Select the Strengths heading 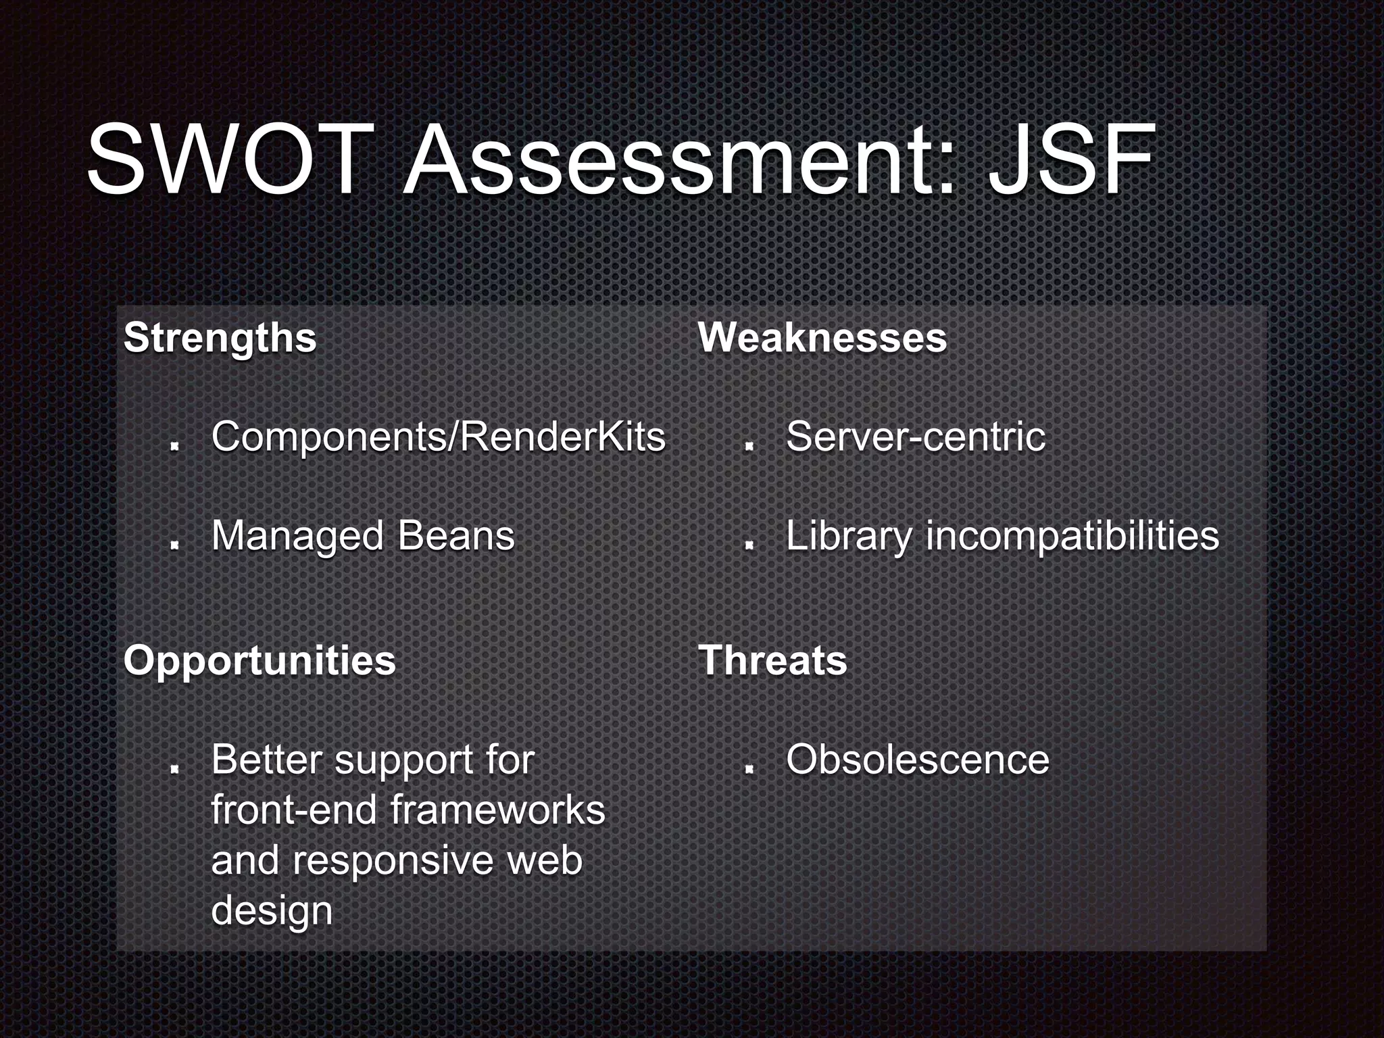coord(220,337)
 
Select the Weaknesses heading coord(822,337)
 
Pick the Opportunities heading coord(259,660)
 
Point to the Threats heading coord(772,660)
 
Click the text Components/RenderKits coord(438,437)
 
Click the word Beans coord(456,536)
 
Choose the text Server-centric coord(915,437)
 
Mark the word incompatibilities coord(1072,536)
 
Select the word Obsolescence coord(917,760)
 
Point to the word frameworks coord(497,810)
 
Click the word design coord(272,911)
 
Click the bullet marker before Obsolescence coord(748,768)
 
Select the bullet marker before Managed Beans coord(174,545)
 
